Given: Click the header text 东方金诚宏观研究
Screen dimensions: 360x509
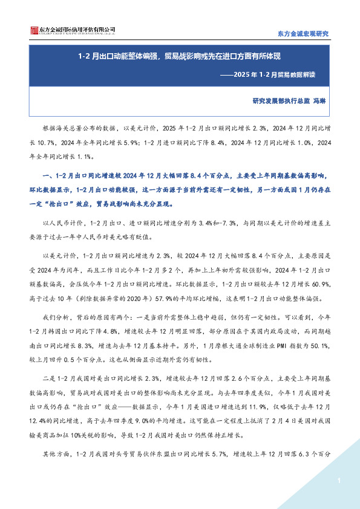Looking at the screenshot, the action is pyautogui.click(x=302, y=33).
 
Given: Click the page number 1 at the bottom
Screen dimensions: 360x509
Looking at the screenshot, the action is pyautogui.click(x=339, y=481).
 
